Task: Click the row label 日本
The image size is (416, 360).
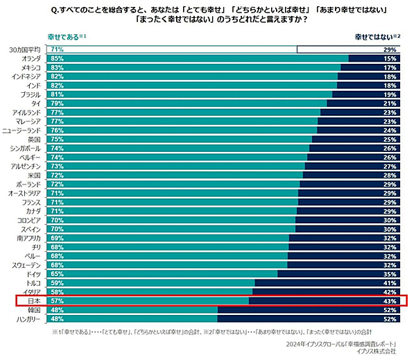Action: point(34,301)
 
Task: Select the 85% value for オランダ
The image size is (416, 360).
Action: point(57,59)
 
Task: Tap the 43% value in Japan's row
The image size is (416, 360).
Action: point(388,301)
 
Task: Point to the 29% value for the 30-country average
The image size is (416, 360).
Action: point(389,50)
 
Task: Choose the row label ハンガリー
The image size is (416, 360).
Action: point(30,319)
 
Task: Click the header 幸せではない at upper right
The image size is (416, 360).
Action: point(371,35)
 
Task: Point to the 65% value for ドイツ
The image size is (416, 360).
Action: point(57,275)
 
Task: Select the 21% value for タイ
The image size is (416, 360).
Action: point(389,103)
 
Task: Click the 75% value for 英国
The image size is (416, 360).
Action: point(57,139)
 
